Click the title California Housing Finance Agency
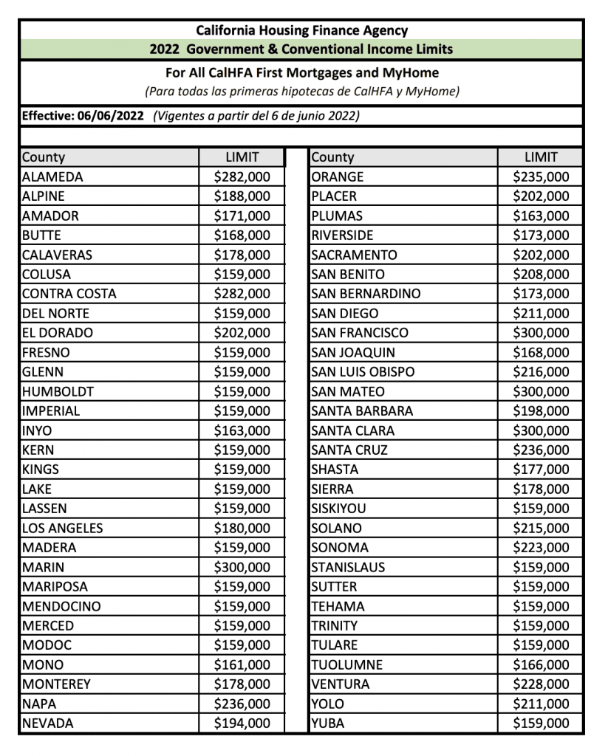click(x=301, y=31)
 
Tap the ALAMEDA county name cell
click(x=52, y=177)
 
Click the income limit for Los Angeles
click(x=242, y=529)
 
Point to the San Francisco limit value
click(x=542, y=333)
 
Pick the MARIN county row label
click(x=43, y=568)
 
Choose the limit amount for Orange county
click(x=542, y=177)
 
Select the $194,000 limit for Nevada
click(x=242, y=724)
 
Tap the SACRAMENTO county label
click(x=354, y=255)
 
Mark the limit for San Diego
click(x=542, y=314)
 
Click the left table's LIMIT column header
click(x=242, y=157)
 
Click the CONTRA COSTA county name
click(x=69, y=294)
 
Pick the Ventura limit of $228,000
click(x=542, y=684)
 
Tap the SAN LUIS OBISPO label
click(x=363, y=372)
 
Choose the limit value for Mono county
click(x=242, y=665)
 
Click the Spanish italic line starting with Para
click(x=302, y=92)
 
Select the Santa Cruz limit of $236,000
click(x=542, y=450)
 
